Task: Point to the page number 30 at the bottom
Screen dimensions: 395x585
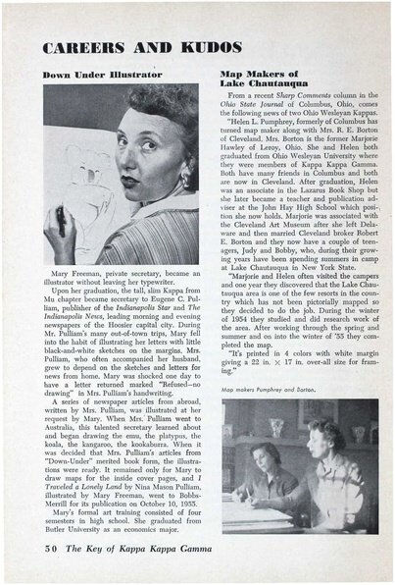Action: pyautogui.click(x=56, y=561)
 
